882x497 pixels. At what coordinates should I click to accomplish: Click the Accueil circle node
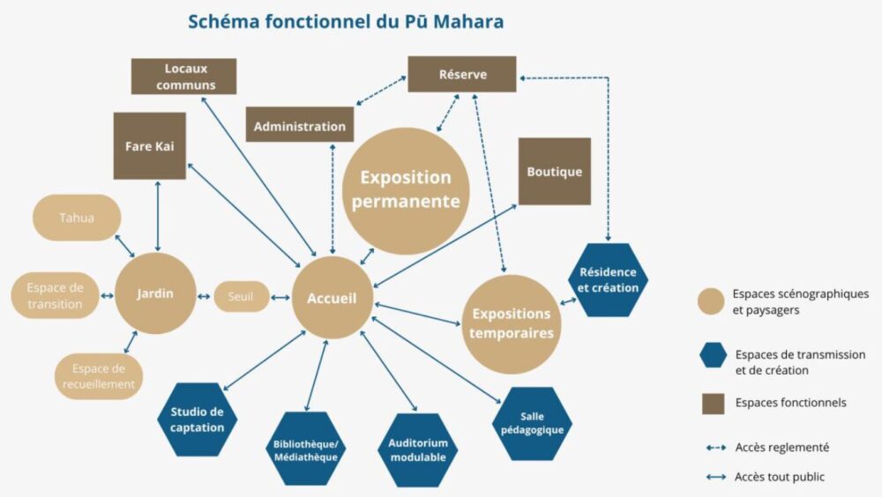332,299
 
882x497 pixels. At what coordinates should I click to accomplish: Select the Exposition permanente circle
406,190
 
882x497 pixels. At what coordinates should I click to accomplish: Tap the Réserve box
462,75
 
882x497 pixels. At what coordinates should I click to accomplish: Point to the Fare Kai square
150,145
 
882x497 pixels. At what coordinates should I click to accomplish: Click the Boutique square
554,172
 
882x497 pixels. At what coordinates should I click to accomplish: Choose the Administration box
300,126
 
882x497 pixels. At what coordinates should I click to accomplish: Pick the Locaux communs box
184,77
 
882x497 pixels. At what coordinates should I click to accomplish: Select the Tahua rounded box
77,218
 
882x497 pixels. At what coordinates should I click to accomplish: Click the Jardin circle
155,293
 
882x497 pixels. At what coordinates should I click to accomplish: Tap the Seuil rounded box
241,296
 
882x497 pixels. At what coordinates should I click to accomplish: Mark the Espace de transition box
55,295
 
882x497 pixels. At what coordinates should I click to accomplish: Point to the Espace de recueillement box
99,376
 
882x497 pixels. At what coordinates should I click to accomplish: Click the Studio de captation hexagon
198,419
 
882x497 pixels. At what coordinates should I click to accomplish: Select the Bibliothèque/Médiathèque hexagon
305,449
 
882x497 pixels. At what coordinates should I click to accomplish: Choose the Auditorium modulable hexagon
418,449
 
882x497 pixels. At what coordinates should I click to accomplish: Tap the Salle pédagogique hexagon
532,423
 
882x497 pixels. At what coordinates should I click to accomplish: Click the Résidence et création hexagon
609,280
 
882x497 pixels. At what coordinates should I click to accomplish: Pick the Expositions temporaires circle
511,323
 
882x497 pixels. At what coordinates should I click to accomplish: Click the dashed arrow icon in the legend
714,448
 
